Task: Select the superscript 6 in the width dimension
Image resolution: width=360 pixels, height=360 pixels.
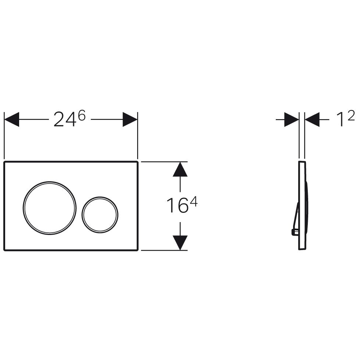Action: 82,115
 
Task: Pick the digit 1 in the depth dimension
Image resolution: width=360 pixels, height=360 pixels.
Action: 341,119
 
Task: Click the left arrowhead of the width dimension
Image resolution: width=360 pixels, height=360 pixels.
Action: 11,120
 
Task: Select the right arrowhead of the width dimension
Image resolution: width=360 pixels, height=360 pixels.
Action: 130,120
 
